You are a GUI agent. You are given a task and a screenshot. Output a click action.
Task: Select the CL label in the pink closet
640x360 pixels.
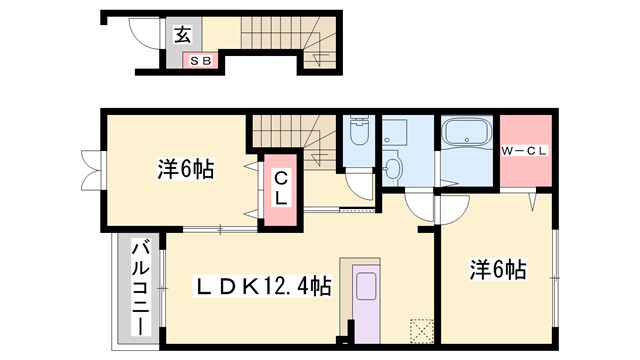282,190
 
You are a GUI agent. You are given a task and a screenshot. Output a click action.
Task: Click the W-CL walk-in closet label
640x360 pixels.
527,152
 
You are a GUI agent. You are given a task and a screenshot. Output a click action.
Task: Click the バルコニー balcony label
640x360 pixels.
139,287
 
